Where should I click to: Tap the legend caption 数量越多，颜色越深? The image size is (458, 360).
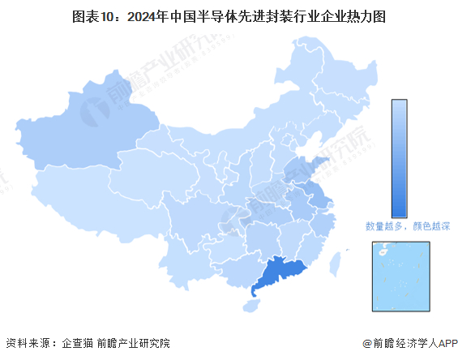[x=406, y=227]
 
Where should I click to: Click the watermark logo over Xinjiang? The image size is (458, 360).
[x=95, y=105]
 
